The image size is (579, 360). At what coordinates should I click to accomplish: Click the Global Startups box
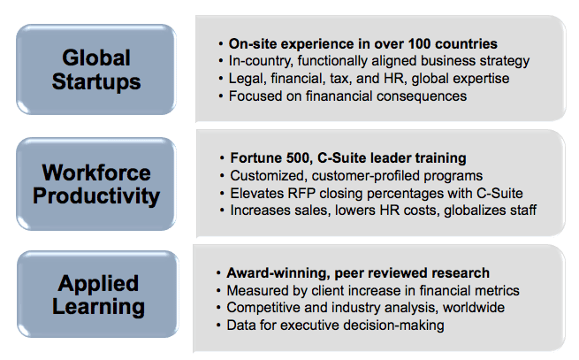[x=96, y=70]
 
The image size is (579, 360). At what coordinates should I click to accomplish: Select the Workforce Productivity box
[x=96, y=184]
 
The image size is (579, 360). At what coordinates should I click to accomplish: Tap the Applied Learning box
[x=98, y=295]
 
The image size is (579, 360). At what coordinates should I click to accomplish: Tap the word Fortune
[x=252, y=158]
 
